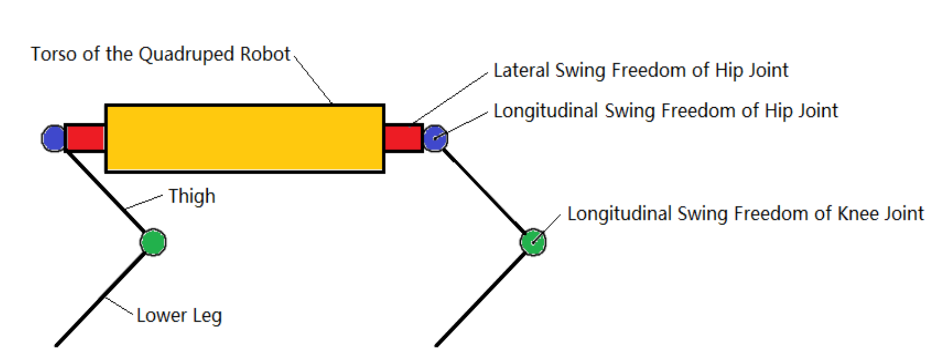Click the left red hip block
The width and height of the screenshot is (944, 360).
pos(85,138)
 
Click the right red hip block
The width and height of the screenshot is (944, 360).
pos(403,138)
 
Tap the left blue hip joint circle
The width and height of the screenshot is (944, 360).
pos(53,138)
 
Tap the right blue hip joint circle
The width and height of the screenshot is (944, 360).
pos(435,138)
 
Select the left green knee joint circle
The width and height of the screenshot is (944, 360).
pos(153,242)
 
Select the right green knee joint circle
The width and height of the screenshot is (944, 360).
pos(533,242)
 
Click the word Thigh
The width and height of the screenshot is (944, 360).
pos(192,196)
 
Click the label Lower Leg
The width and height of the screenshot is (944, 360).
pos(179,316)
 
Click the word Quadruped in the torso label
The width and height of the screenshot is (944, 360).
pos(186,54)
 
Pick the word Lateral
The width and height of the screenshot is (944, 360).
pos(521,70)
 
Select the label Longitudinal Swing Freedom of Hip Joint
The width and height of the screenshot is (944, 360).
pos(665,111)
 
